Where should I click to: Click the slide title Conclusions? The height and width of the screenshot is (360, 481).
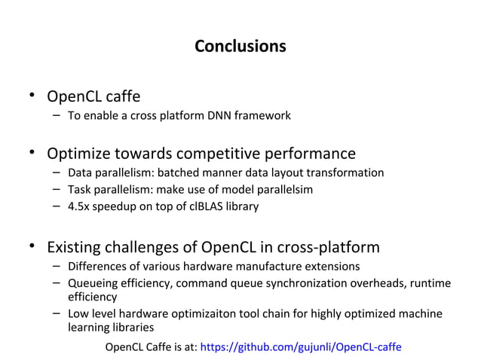240,47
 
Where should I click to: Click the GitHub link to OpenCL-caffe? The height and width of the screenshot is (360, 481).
302,347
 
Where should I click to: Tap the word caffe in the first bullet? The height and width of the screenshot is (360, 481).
121,96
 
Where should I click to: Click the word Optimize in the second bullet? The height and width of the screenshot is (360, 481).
78,154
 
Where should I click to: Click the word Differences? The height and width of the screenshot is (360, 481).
94,267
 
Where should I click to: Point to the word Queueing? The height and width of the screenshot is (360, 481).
92,283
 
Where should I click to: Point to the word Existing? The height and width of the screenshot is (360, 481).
74,248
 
